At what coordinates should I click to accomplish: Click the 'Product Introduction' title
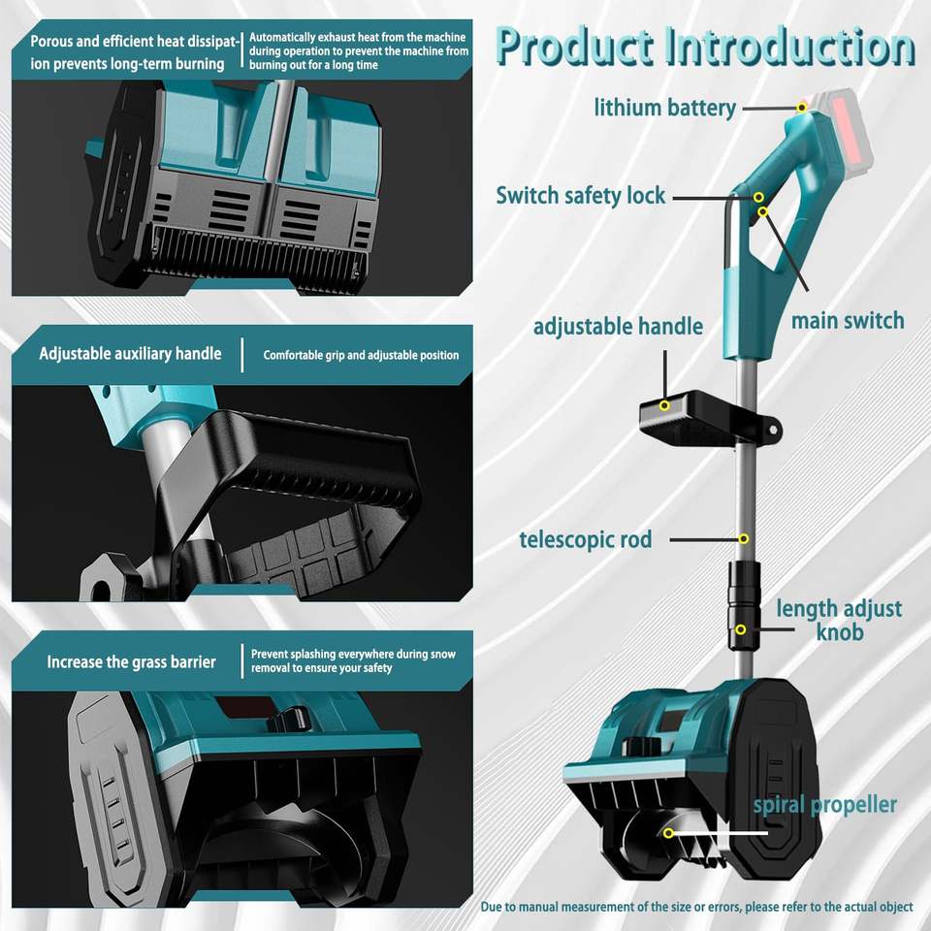click(704, 47)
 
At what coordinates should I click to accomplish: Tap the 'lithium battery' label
click(665, 108)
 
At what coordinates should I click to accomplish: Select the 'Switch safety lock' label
click(581, 195)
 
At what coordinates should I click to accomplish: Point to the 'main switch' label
click(848, 320)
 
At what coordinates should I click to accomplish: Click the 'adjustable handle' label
click(618, 326)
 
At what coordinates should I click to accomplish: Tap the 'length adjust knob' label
click(839, 621)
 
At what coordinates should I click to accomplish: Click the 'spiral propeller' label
click(824, 805)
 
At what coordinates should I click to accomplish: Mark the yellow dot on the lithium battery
click(802, 107)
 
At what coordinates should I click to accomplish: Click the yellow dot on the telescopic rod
click(744, 538)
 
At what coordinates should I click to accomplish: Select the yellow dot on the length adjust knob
click(741, 629)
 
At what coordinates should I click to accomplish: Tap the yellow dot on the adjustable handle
click(664, 405)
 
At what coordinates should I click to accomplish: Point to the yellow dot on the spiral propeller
click(668, 833)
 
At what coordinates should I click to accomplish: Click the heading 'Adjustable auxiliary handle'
click(130, 354)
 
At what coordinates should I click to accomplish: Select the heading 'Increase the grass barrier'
click(131, 662)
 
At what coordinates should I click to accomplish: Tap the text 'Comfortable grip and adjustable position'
click(361, 355)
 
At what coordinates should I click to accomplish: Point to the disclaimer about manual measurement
click(696, 907)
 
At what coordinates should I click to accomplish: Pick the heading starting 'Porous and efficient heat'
click(128, 52)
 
